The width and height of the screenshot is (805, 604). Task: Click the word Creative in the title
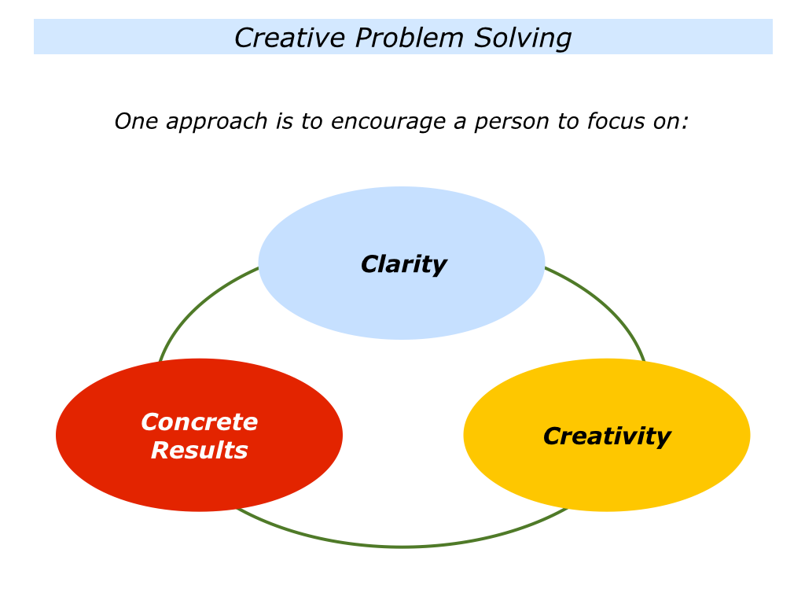(289, 38)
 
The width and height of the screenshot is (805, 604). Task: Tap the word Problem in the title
(409, 38)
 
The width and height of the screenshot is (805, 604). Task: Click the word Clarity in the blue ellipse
(403, 264)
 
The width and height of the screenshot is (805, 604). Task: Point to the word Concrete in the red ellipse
(199, 422)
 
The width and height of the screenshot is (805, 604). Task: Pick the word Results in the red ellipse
(199, 451)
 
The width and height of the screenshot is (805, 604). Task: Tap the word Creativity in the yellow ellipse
(607, 436)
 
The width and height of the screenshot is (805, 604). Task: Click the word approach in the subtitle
(216, 123)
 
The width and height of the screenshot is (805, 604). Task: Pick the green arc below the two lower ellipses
(402, 546)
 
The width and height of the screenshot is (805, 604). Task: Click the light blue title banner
(403, 36)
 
